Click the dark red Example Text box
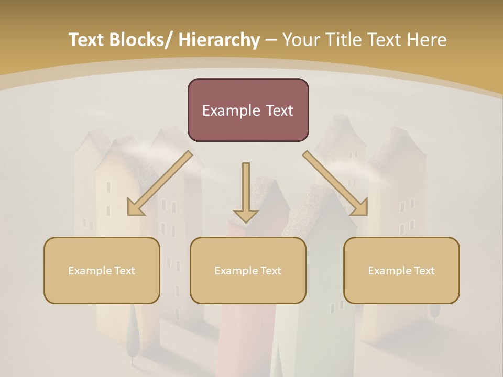coord(248,110)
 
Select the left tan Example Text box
coord(102,270)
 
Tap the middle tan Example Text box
coord(248,270)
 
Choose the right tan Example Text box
coord(401,270)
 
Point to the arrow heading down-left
coord(160,183)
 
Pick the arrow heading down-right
coord(335,183)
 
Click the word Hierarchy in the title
coord(219,40)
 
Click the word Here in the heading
coord(429,40)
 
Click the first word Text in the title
coord(86,40)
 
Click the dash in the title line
coord(271,40)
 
